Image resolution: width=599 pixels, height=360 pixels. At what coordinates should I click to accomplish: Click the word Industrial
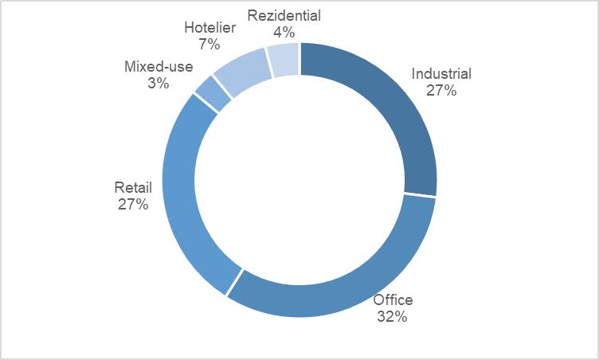pos(441,74)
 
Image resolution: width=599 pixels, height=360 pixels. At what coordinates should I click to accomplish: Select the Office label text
pos(393,300)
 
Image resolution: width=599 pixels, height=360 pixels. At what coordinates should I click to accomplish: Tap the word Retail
pos(132,188)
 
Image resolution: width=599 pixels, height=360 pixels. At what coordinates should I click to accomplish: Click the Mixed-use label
pos(158,67)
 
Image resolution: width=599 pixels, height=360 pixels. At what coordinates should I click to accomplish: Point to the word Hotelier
pos(209,27)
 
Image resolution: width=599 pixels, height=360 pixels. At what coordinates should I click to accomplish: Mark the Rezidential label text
pos(284,15)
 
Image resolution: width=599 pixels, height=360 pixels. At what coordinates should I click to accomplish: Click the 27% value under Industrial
pos(441,91)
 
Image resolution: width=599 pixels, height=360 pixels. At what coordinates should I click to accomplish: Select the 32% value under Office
pos(393,317)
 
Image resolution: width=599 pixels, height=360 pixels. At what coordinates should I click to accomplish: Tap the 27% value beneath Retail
pos(132,205)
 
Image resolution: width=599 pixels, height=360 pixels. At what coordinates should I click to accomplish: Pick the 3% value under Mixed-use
pos(158,83)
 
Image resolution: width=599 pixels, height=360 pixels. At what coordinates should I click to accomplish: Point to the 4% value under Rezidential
pos(284,32)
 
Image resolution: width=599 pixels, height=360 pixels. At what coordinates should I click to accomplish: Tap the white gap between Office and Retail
pos(234,284)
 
